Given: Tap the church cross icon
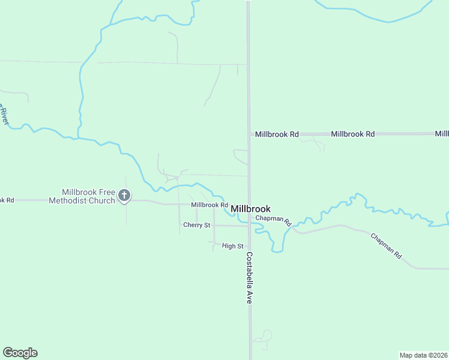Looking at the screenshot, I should pyautogui.click(x=124, y=195).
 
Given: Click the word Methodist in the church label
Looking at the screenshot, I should pyautogui.click(x=71, y=200).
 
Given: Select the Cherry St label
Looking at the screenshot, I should pyautogui.click(x=197, y=225).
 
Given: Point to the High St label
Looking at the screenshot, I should pyautogui.click(x=232, y=246).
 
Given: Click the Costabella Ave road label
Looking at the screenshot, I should pyautogui.click(x=248, y=277).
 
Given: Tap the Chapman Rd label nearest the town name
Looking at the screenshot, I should pyautogui.click(x=273, y=220).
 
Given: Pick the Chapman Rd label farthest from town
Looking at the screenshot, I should pyautogui.click(x=385, y=245).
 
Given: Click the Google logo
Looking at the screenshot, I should pyautogui.click(x=20, y=353).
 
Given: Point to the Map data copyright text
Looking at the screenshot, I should pyautogui.click(x=423, y=355).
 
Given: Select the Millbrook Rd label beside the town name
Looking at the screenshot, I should pyautogui.click(x=209, y=205).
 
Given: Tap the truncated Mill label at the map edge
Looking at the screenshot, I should pyautogui.click(x=442, y=134).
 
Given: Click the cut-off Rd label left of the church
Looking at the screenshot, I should pyautogui.click(x=7, y=200).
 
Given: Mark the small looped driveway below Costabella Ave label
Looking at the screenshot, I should pyautogui.click(x=263, y=339).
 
